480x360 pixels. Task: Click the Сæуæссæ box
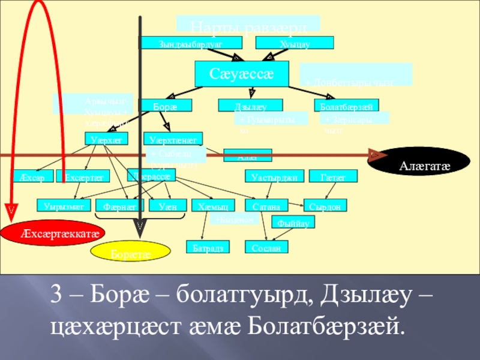[x=242, y=74]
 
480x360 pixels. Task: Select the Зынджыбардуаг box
[x=191, y=43]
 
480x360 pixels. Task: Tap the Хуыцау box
[x=294, y=43]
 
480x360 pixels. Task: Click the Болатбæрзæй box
[x=346, y=106]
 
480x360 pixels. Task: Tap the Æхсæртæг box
[x=83, y=176]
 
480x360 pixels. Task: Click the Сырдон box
[x=326, y=206]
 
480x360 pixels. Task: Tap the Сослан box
[x=266, y=247]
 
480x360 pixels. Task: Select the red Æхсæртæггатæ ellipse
[x=53, y=232]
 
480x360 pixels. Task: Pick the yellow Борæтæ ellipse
[x=130, y=252]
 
